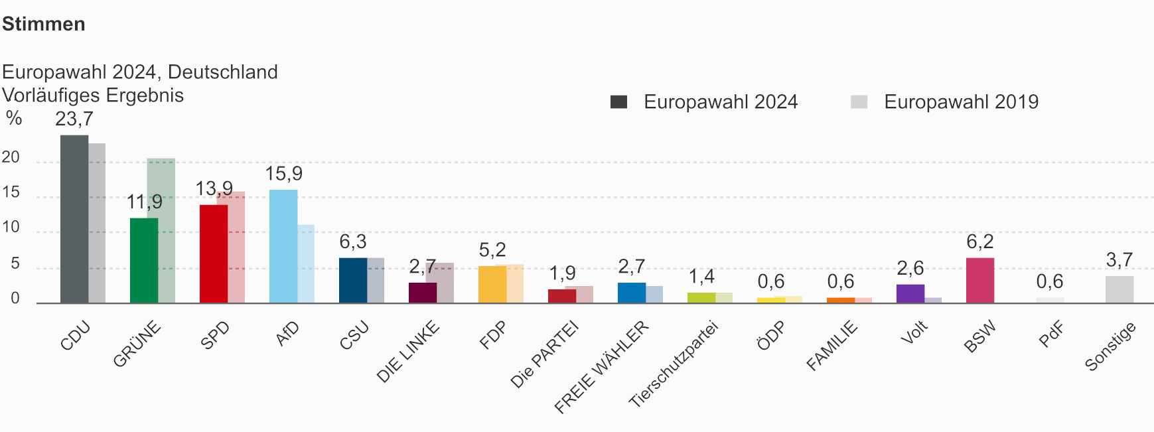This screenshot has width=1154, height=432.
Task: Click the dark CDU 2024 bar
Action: pos(74,219)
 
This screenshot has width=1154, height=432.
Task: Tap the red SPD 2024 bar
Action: pos(213,253)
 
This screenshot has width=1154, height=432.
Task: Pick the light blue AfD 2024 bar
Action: pos(283,246)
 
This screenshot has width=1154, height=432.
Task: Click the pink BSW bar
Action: pos(979,280)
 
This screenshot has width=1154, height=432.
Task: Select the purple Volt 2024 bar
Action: pos(910,293)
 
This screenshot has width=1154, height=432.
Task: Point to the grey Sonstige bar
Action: pos(1119,289)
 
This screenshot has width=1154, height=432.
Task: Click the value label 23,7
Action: pos(74,119)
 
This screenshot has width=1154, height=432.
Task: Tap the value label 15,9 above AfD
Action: pos(283,174)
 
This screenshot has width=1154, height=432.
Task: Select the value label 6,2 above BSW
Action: pos(979,242)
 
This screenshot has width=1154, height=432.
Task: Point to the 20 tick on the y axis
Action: pos(11,158)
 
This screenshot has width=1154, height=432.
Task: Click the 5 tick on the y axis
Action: pos(15,264)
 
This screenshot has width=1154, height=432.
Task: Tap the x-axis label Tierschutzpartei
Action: pos(674,364)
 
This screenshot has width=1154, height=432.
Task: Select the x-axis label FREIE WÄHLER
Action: pos(601,366)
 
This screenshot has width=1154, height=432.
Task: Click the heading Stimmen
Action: pos(44,24)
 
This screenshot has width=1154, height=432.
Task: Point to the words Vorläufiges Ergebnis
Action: pos(93,95)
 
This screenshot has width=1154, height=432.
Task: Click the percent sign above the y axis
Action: pos(14,119)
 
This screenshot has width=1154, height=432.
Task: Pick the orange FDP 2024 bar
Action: pos(492,284)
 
